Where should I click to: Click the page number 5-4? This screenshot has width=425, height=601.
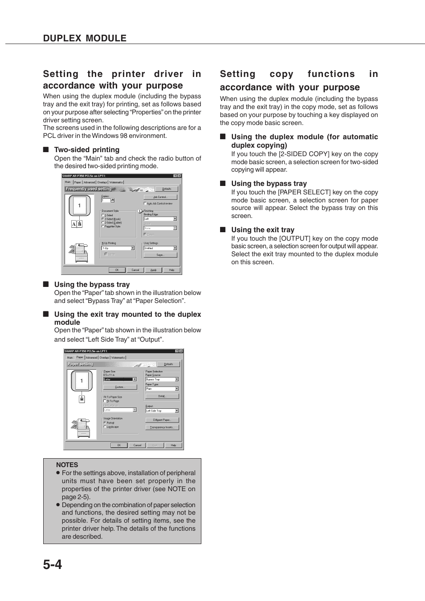[x=53, y=565]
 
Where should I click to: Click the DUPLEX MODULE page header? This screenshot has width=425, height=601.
[x=85, y=38]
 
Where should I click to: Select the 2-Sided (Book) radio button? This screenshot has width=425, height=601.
[x=103, y=219]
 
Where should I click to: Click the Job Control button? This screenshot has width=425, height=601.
[x=160, y=197]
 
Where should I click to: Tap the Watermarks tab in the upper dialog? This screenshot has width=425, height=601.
[x=116, y=182]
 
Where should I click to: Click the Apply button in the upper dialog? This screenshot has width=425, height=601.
[x=153, y=270]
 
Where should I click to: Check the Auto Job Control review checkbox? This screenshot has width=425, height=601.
[x=145, y=203]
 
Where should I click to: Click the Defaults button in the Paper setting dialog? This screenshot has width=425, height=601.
[x=168, y=364]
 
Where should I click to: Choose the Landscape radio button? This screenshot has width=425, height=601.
[x=105, y=427]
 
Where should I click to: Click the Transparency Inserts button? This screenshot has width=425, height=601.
[x=162, y=427]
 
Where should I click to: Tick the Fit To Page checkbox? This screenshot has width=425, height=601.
[x=105, y=401]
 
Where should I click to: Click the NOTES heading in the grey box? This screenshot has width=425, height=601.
[x=67, y=465]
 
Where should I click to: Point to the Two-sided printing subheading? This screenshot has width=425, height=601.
[x=86, y=150]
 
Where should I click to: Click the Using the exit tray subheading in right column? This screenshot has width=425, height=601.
[x=262, y=230]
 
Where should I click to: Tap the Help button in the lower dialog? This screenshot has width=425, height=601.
[x=173, y=445]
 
